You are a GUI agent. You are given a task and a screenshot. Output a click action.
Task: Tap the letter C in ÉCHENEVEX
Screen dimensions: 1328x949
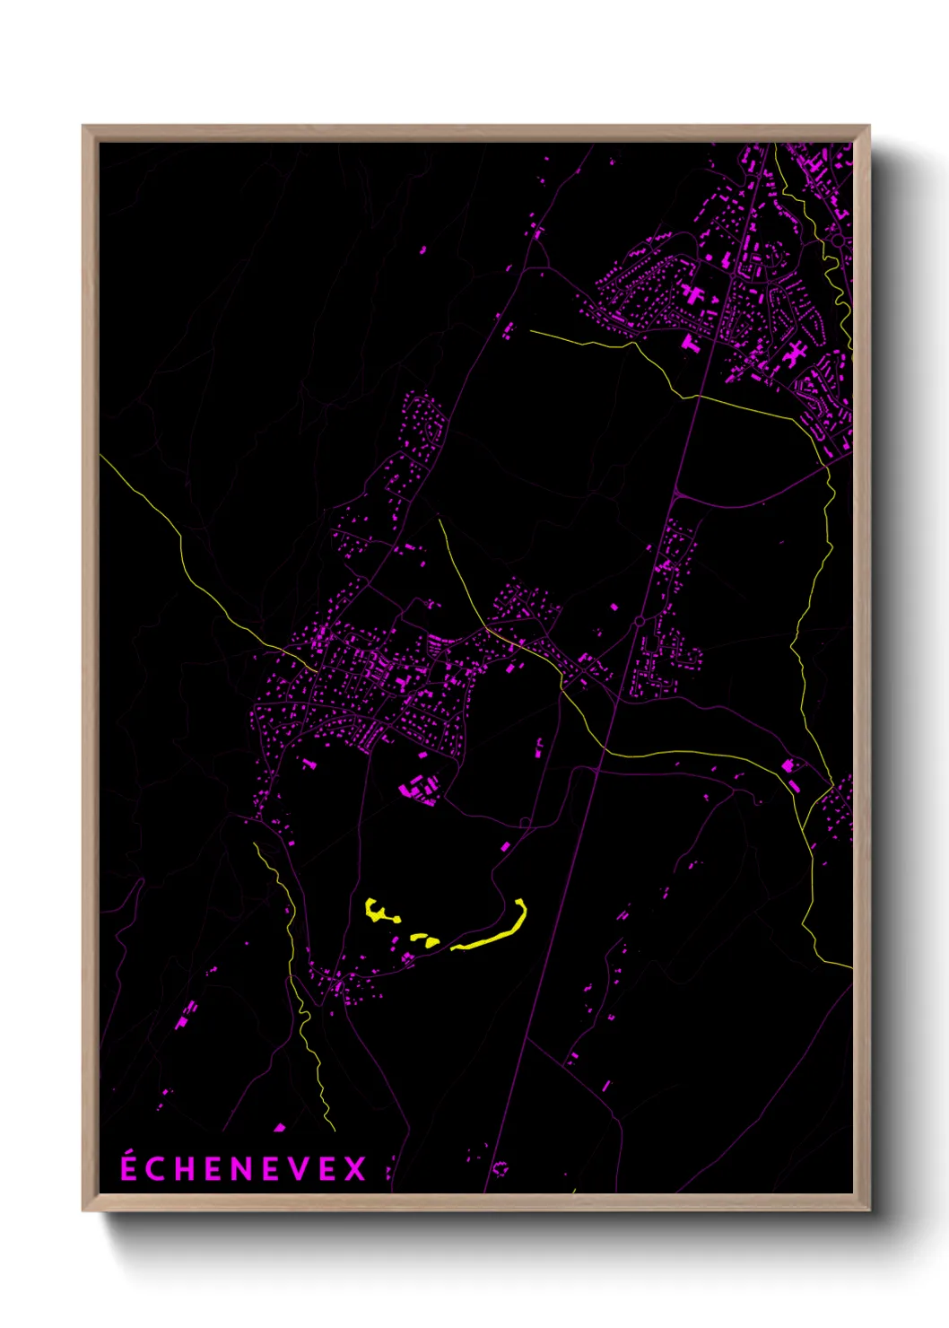pos(156,1169)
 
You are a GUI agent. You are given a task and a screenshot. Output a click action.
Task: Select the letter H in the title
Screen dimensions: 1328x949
pos(185,1169)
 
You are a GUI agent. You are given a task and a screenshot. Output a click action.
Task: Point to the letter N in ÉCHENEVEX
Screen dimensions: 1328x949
pos(242,1169)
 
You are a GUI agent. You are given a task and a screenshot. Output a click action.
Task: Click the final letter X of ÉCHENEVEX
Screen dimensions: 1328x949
pos(355,1169)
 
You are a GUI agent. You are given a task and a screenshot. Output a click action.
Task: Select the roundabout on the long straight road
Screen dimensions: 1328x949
pos(639,621)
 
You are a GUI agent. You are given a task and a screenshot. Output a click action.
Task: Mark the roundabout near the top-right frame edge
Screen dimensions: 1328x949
pos(839,240)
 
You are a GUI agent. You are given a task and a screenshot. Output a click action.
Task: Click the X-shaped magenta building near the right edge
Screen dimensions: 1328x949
pos(794,354)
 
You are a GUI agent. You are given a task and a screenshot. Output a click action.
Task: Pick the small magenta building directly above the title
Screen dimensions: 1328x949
pos(279,1128)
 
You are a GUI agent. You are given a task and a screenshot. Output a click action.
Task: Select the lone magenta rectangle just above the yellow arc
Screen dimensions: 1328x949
pos(505,846)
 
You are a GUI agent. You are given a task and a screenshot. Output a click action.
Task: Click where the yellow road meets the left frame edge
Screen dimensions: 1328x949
pos(101,456)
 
